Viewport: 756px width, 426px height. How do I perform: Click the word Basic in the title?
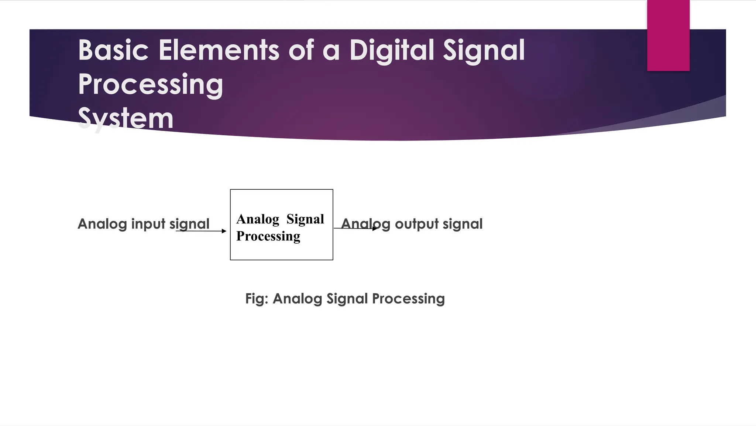[113, 50]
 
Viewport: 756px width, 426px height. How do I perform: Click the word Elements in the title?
[219, 50]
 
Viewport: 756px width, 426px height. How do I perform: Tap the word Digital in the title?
[392, 50]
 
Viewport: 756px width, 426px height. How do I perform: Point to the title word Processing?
[151, 84]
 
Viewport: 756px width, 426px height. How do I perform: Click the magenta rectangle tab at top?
[668, 35]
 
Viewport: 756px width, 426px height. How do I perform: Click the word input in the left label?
[148, 224]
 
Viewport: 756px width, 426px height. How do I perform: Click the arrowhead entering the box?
[224, 231]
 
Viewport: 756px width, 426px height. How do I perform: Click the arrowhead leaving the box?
[375, 229]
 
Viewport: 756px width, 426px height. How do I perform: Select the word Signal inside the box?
[305, 219]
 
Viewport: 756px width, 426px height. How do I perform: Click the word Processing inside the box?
[268, 236]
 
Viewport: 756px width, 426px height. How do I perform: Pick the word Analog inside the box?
[258, 219]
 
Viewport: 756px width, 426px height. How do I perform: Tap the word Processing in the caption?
[408, 299]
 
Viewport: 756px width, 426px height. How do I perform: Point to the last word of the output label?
[463, 224]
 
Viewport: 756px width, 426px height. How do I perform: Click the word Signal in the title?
[484, 50]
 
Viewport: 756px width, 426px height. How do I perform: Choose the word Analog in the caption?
[297, 299]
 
